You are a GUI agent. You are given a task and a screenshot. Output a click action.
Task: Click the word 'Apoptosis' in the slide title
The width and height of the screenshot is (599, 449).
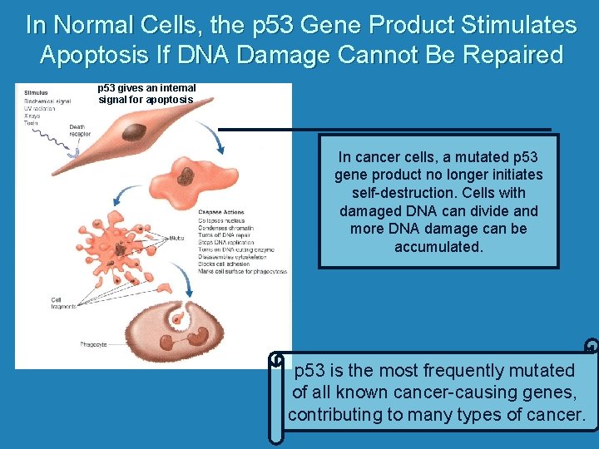[87, 56]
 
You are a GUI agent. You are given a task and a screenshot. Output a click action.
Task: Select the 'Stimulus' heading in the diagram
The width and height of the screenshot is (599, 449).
[36, 92]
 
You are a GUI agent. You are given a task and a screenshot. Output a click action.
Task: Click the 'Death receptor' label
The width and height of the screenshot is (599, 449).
[80, 130]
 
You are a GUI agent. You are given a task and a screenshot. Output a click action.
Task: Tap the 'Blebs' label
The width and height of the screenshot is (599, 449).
[175, 238]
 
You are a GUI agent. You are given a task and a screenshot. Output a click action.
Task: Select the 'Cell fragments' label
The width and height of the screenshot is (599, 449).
[63, 303]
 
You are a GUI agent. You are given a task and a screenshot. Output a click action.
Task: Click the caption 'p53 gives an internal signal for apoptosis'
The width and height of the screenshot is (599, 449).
[146, 93]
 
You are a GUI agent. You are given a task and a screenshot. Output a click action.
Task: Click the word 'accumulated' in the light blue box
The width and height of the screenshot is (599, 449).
[438, 247]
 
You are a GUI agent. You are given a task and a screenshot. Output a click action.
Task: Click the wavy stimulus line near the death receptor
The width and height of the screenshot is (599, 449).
[46, 136]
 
